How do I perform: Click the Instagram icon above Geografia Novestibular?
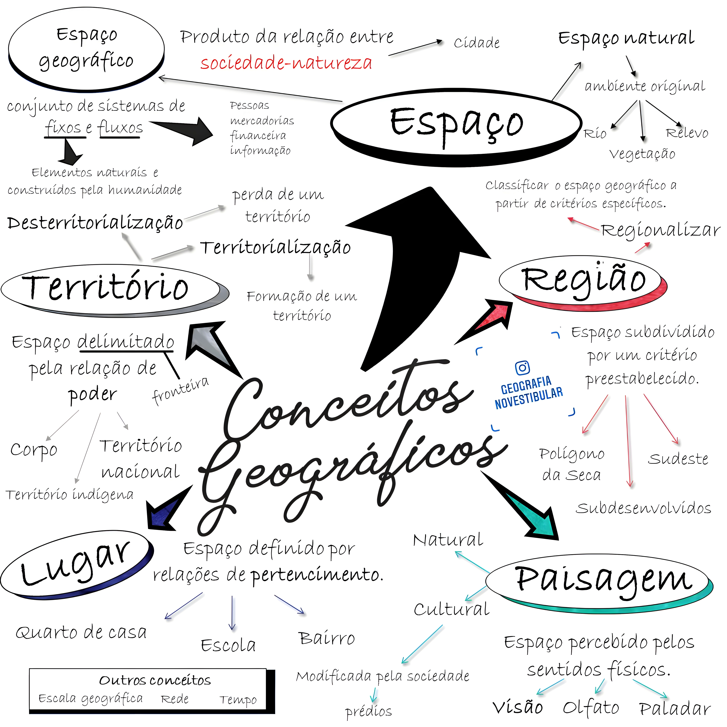pos(522,368)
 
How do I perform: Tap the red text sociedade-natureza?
pos(286,63)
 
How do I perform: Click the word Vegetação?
pos(642,154)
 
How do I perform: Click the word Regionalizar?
pos(660,230)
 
